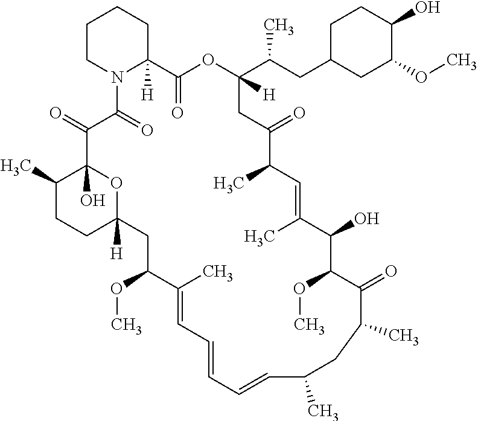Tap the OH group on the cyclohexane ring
coord(428,7)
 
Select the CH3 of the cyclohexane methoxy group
coord(461,61)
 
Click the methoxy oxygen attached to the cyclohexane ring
coord(421,77)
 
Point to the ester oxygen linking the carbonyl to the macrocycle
coord(208,60)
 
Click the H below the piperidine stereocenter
coord(147,95)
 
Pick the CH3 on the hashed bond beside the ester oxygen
coord(279,25)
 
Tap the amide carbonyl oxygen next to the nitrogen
coord(147,130)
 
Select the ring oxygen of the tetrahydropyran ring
coord(116,184)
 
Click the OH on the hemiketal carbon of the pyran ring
coord(93,201)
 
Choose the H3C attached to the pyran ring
coord(16,167)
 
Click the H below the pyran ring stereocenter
coord(116,253)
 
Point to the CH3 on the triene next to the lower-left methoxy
coord(218,272)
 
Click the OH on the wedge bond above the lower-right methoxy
coord(367,219)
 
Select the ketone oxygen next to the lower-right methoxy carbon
coord(391,271)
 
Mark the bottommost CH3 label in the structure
coord(323,411)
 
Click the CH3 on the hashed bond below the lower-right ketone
coord(403,336)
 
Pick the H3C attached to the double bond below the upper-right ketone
coord(260,237)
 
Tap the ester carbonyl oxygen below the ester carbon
coord(177,112)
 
